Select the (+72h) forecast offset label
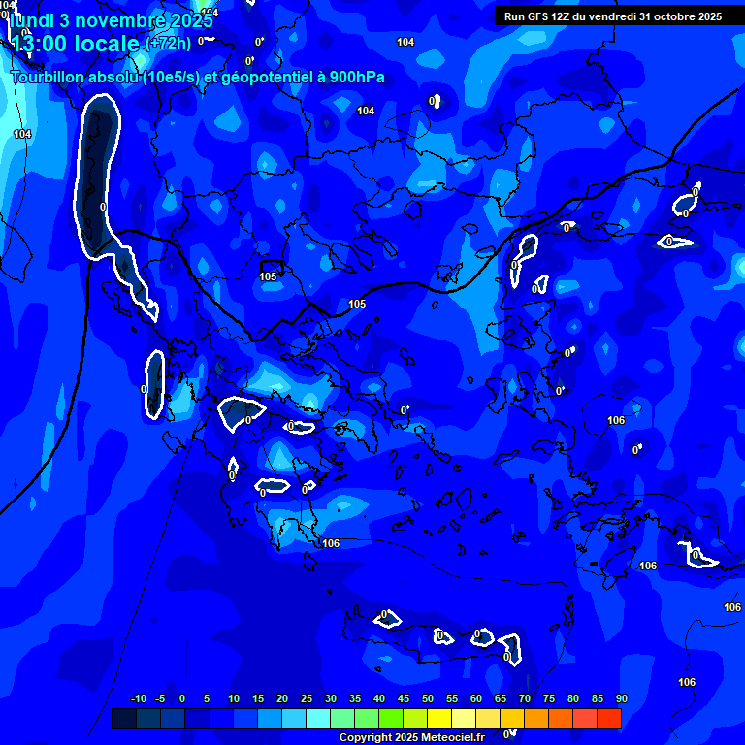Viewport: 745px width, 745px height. [x=168, y=44]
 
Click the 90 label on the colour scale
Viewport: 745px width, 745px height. [x=621, y=699]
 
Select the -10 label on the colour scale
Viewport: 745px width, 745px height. [x=138, y=699]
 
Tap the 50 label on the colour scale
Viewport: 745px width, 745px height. [x=428, y=699]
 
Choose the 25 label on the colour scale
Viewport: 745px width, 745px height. [x=307, y=699]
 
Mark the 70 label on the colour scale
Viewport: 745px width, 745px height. [x=525, y=699]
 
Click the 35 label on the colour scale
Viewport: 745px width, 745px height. [x=355, y=699]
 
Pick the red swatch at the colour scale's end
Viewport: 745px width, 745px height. [x=609, y=719]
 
